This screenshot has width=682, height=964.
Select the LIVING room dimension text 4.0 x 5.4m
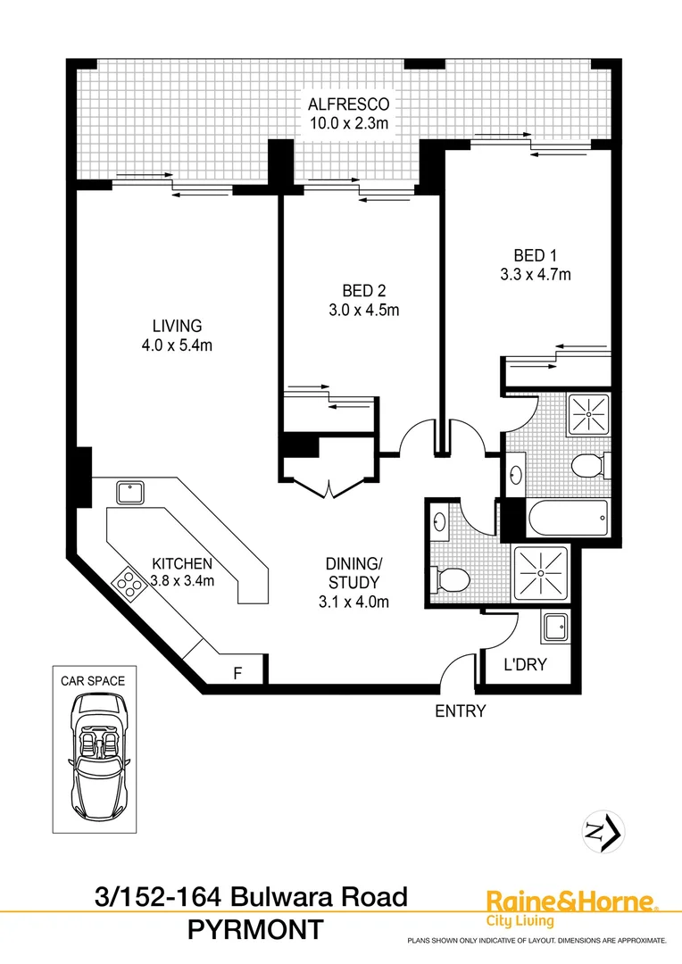pyautogui.click(x=176, y=346)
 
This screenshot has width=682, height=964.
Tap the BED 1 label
pyautogui.click(x=536, y=253)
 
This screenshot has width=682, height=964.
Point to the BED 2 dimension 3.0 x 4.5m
pyautogui.click(x=363, y=311)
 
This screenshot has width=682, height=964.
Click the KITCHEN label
pyautogui.click(x=181, y=564)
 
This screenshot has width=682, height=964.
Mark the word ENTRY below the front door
pyautogui.click(x=460, y=711)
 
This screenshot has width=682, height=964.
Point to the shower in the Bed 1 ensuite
pyautogui.click(x=590, y=413)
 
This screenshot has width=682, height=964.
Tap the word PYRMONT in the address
pyautogui.click(x=255, y=929)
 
